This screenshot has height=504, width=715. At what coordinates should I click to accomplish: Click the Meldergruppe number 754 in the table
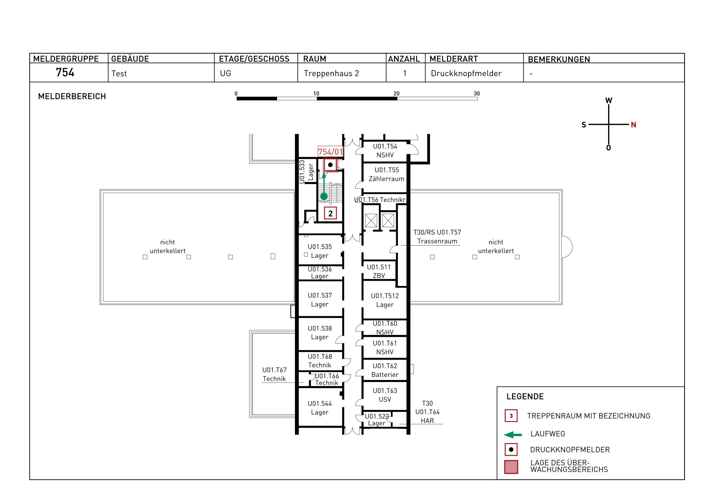65,73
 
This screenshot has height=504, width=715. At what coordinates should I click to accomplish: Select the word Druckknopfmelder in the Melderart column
466,73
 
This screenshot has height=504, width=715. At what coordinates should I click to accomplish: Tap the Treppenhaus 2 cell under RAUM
331,73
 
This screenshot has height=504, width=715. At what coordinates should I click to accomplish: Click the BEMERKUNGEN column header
559,59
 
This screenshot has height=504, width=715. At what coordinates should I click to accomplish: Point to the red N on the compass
633,125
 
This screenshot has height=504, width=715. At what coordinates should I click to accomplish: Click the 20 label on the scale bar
396,94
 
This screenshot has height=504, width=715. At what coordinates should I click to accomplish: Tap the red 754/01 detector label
330,152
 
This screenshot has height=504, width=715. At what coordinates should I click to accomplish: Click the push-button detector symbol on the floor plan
330,165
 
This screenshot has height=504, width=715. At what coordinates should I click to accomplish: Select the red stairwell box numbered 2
330,213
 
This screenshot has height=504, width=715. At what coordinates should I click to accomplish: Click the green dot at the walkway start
324,196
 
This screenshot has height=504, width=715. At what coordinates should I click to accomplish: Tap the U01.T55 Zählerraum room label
386,174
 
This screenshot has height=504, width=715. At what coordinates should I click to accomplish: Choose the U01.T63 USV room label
385,395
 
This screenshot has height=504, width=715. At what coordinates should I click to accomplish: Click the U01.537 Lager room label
320,300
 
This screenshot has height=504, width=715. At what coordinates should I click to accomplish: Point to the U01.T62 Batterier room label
385,370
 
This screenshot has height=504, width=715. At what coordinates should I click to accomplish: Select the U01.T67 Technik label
274,374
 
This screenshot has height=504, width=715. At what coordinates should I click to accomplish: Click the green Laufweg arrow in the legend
513,435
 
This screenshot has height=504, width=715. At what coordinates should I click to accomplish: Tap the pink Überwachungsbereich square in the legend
511,467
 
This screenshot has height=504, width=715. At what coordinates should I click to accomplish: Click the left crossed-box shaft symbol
371,221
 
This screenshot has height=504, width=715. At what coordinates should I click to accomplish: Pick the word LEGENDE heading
525,396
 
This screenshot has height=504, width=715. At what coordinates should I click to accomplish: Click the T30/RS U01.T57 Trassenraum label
437,237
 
